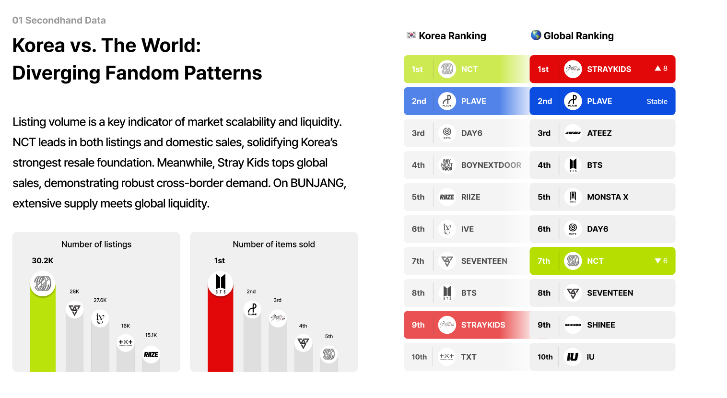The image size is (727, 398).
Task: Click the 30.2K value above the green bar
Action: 43,260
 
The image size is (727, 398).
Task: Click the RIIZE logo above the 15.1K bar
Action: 151,355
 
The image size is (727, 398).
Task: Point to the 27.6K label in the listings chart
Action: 100,300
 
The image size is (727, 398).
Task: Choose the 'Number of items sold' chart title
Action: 274,244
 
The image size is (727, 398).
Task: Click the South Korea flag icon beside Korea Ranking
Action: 411,35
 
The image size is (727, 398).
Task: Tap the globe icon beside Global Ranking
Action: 536,35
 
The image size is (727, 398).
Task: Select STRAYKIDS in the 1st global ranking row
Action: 609,69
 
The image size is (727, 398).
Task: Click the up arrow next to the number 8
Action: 658,69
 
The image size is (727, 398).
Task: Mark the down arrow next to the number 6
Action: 658,261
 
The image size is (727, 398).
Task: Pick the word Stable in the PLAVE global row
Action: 657,101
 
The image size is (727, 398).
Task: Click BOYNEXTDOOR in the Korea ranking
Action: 491,165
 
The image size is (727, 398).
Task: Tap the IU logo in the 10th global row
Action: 573,357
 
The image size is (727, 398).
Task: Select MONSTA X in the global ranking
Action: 608,197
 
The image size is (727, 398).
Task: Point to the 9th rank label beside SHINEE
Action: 544,325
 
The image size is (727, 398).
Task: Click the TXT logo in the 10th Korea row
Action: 447,356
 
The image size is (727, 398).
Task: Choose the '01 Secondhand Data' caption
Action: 59,20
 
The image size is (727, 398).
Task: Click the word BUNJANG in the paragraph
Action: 317,183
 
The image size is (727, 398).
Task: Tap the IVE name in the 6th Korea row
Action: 468,229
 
